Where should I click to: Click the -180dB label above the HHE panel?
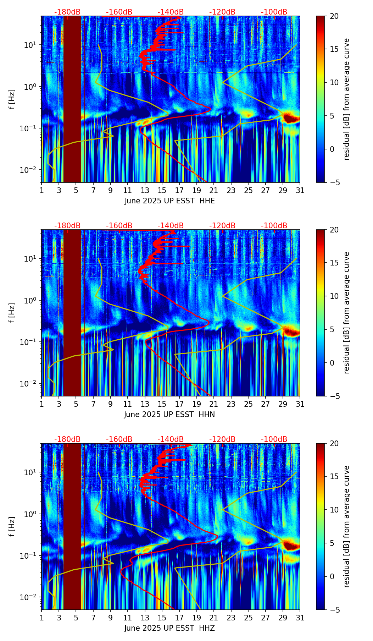click(67, 12)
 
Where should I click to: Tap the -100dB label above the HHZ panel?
click(274, 439)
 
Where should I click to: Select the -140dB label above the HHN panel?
click(171, 226)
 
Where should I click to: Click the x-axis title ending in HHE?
click(169, 201)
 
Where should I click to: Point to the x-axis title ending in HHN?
click(169, 415)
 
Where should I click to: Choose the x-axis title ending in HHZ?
click(169, 628)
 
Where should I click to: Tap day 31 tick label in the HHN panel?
click(300, 404)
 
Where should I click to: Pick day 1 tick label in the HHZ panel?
click(42, 618)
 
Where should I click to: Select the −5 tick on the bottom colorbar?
click(333, 610)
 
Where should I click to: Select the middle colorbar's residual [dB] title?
click(346, 313)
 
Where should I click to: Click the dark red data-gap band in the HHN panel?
click(72, 312)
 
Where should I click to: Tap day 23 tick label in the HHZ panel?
click(231, 618)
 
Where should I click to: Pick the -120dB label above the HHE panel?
click(222, 12)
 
